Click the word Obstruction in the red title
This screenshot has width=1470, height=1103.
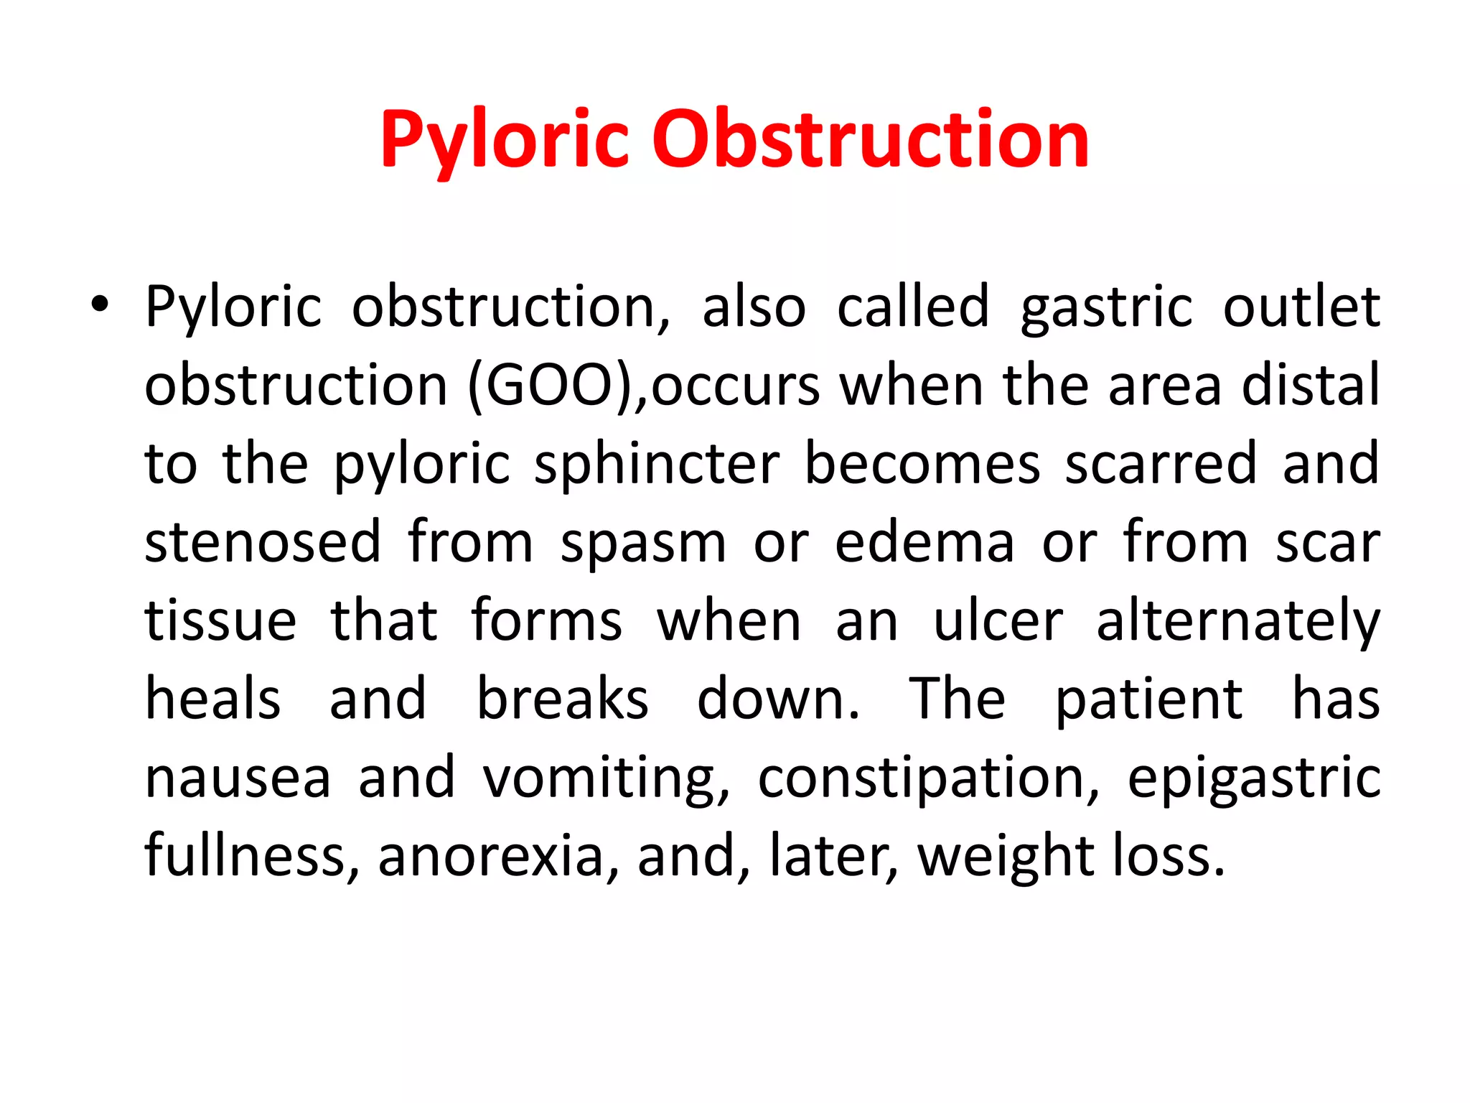click(x=870, y=140)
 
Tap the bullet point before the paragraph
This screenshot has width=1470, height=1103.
click(x=100, y=306)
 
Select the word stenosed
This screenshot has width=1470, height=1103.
click(x=263, y=543)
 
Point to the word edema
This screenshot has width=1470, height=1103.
click(x=924, y=543)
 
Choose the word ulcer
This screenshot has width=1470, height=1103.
click(x=998, y=622)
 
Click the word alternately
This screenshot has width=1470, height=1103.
click(x=1237, y=622)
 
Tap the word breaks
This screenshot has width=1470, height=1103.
click(x=563, y=699)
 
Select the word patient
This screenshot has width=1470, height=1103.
click(x=1148, y=699)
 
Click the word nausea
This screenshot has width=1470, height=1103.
click(x=238, y=778)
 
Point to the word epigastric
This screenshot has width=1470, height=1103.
click(x=1254, y=780)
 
